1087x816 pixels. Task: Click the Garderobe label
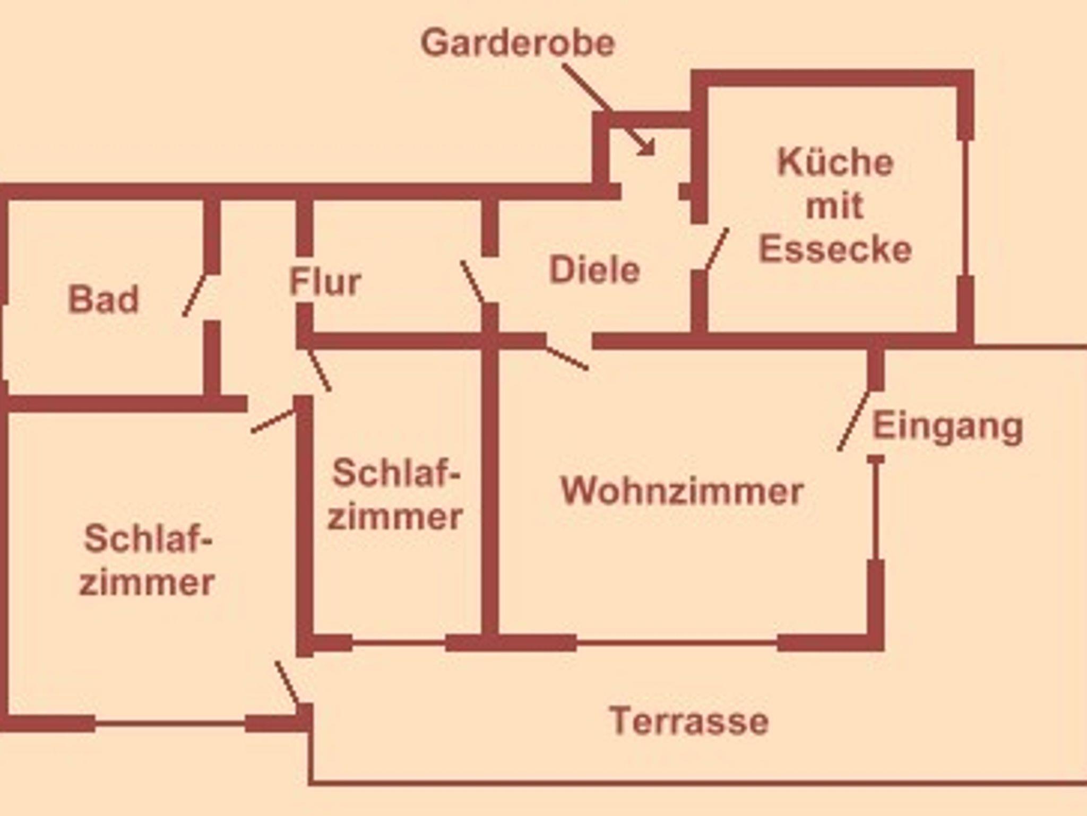click(x=517, y=43)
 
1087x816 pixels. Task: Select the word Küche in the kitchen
click(x=835, y=162)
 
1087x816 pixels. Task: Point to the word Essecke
click(x=835, y=249)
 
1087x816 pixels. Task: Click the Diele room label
click(x=594, y=270)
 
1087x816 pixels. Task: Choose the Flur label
click(x=325, y=281)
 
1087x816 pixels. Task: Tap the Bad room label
click(x=103, y=299)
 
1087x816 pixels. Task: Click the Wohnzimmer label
click(x=682, y=491)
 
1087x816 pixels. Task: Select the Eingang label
click(x=948, y=427)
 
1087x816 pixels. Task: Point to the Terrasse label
click(x=689, y=721)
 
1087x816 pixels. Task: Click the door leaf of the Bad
click(x=194, y=295)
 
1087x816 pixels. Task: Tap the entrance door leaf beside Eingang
click(x=853, y=421)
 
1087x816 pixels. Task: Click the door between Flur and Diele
click(x=472, y=282)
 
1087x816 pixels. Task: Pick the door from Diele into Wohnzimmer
click(x=567, y=358)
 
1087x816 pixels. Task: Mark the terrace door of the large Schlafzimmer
click(x=287, y=683)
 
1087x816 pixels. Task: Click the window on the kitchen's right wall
click(x=965, y=207)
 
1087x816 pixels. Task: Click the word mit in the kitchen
click(x=835, y=206)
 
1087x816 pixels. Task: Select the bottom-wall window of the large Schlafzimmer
click(x=170, y=723)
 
